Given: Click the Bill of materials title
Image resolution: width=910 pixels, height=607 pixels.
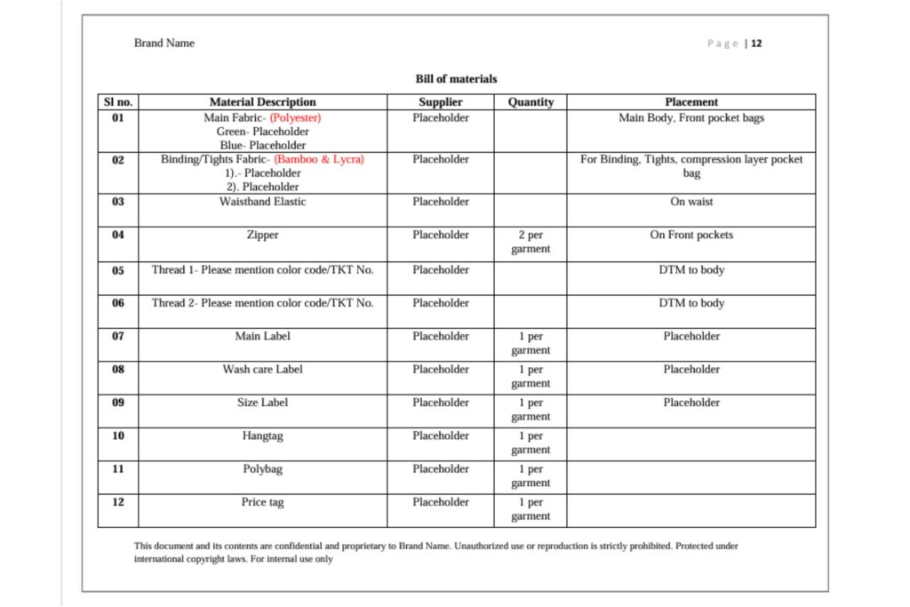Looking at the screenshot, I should [456, 79].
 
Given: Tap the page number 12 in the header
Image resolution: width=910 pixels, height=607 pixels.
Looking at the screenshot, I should [756, 44].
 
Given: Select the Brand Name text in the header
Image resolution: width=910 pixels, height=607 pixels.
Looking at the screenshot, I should [164, 43].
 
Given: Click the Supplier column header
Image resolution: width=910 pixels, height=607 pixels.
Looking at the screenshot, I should [441, 102].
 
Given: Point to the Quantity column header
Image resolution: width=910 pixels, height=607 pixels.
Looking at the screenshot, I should [531, 102].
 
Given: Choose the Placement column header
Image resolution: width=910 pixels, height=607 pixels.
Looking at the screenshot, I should [691, 102].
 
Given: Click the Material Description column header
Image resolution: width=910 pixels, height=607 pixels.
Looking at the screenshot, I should [262, 102].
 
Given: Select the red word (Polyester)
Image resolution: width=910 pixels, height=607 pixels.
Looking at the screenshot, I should [296, 117].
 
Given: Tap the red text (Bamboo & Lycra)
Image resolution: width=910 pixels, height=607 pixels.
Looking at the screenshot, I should [319, 159].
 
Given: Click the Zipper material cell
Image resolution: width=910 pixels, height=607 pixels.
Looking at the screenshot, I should [262, 236].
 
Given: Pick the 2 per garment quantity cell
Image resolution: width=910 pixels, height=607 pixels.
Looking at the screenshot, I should [531, 242].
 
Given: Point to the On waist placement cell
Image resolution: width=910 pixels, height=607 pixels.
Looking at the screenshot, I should [691, 202].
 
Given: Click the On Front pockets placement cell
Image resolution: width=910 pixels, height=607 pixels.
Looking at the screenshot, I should [691, 236].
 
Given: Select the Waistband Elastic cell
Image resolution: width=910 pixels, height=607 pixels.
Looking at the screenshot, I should [262, 202].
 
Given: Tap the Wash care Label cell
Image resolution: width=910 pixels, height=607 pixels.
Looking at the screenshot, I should [262, 369].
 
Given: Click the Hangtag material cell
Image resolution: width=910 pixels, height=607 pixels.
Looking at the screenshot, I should [262, 435].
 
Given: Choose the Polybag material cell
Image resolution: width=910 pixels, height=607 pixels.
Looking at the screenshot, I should [262, 468].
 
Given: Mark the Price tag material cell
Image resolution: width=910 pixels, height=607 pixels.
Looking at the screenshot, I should [262, 502].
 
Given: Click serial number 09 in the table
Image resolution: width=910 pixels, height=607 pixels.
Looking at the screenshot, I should [118, 403].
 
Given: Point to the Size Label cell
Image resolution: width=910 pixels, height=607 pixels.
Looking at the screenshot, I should [262, 403].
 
